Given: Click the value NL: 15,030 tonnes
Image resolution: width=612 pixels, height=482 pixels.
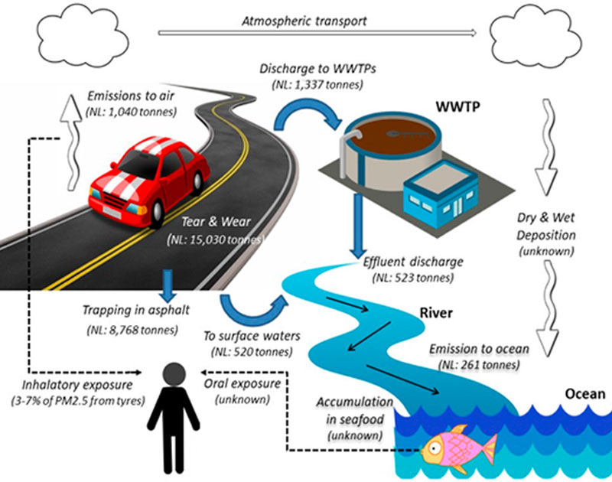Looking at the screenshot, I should point(215,240).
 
